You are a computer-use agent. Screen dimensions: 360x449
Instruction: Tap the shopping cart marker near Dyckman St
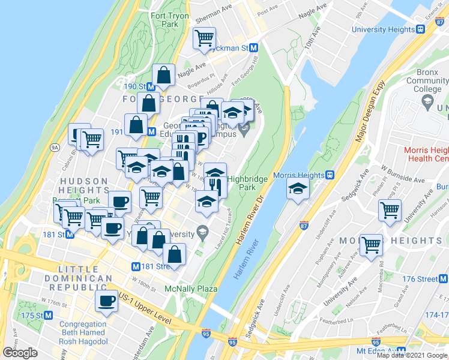point(204,38)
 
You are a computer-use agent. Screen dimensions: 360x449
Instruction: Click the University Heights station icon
point(421,29)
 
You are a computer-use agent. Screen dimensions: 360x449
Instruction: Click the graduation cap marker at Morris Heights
point(298,188)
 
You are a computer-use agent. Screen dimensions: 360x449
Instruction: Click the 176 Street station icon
point(443,279)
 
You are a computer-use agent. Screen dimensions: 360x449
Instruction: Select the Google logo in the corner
point(20,353)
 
